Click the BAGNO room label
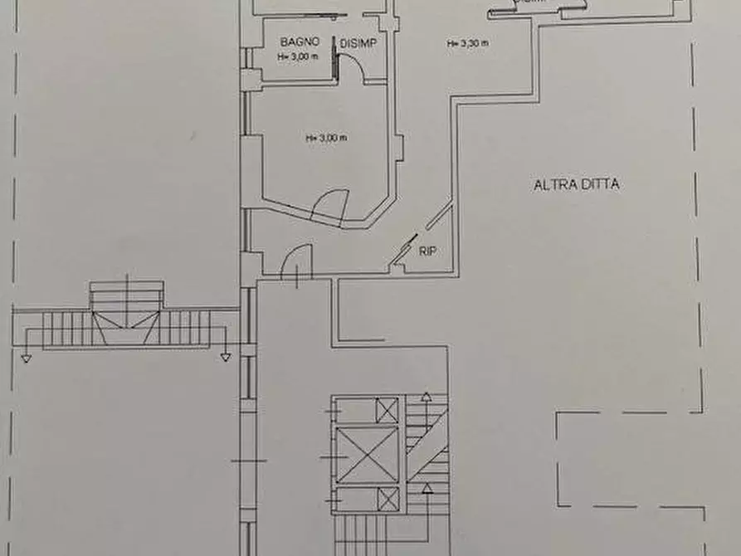295,41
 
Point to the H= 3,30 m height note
466,43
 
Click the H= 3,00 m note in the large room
325,138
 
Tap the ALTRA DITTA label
577,185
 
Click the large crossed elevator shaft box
368,456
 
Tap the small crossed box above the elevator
387,410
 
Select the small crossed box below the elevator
387,500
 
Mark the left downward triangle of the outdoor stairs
27,358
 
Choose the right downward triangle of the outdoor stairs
225,358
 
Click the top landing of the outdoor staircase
127,293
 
